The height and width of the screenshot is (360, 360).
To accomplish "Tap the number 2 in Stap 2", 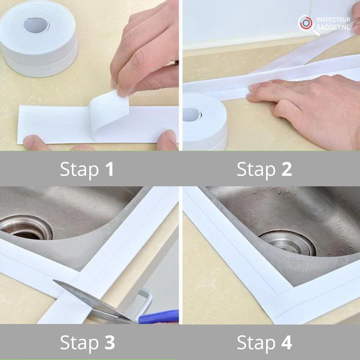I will pos(286,169).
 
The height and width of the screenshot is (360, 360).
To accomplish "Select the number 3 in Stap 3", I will pos(110,342).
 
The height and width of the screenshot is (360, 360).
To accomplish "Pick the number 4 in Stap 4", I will pos(287,342).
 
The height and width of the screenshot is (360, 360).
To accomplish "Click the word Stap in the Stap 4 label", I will pos(256,343).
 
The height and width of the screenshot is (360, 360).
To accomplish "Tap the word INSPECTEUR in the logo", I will pos(333,20).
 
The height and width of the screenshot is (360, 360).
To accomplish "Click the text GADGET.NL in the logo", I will pos(333,27).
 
